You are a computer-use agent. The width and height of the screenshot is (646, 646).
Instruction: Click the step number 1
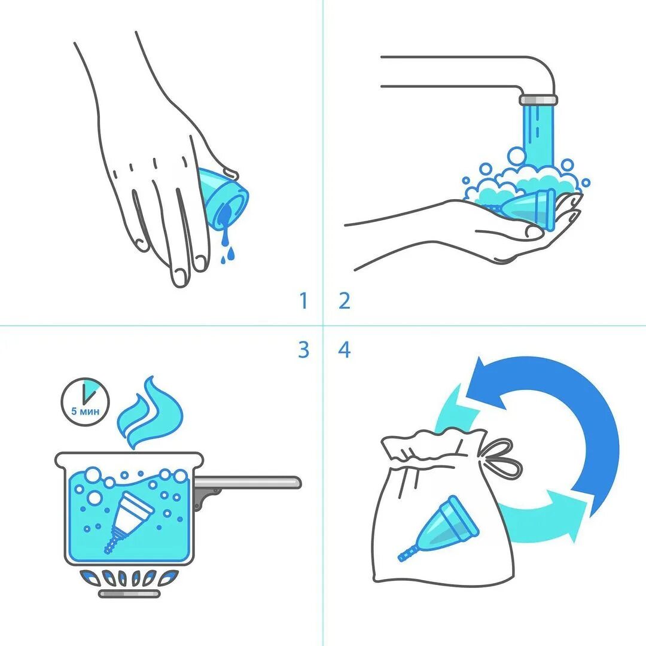tap(304, 301)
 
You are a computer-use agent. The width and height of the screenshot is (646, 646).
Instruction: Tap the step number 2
tap(345, 301)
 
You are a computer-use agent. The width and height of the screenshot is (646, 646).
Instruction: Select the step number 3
tap(304, 349)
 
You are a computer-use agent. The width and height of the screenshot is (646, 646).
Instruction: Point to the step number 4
tap(345, 349)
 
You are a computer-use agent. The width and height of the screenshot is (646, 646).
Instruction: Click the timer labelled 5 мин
tap(86, 402)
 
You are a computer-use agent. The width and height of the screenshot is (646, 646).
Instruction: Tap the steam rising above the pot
tap(149, 412)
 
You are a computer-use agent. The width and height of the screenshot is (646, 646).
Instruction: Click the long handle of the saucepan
tap(247, 483)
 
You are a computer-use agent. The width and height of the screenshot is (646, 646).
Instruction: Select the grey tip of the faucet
tap(538, 100)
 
